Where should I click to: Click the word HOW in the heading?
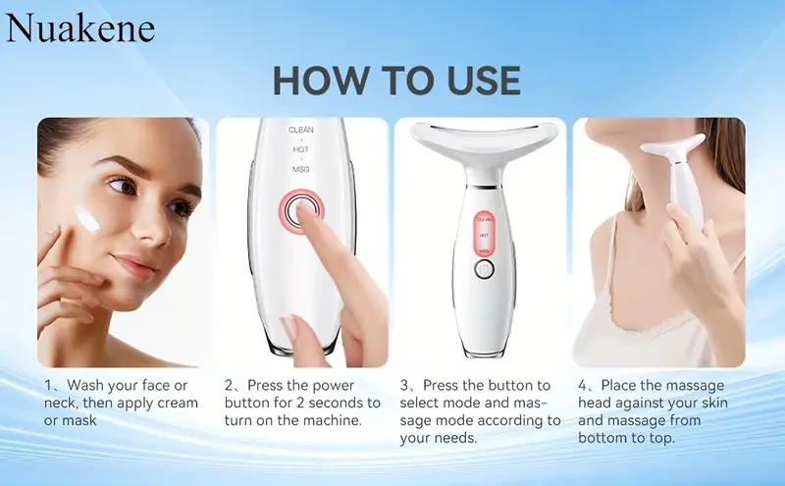click(x=320, y=80)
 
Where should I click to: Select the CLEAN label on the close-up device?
click(x=300, y=129)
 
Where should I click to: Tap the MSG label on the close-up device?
click(x=300, y=170)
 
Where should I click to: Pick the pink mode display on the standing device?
click(x=485, y=236)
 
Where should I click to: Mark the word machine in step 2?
click(x=329, y=421)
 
